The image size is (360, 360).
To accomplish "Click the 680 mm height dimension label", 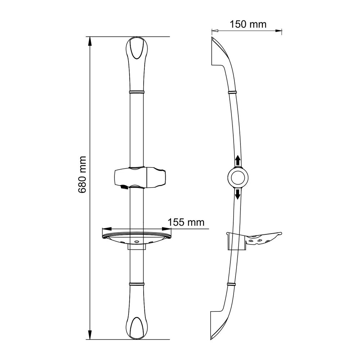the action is point(82,175).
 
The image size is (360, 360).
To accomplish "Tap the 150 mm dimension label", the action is point(248,24).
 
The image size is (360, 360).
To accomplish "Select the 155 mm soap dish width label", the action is point(186,222).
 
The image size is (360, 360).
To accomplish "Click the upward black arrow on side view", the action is point(238,161).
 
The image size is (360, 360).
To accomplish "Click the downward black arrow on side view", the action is point(238,194).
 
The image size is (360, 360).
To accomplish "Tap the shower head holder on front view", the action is point(140,178).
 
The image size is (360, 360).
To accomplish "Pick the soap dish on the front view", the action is point(137,239).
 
